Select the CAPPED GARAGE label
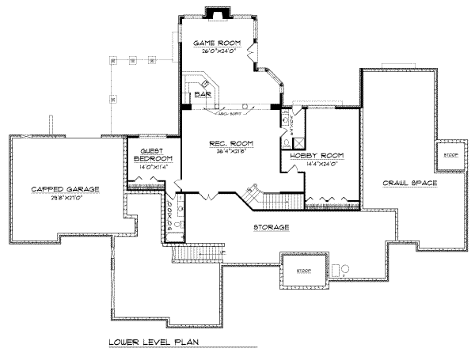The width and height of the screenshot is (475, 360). coord(65,189)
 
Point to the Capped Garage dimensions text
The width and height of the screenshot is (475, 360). coord(65,198)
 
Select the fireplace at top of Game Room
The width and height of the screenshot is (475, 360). coord(215,13)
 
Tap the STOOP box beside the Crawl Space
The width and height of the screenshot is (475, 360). coord(450,155)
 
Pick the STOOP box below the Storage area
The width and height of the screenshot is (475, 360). coord(303,270)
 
